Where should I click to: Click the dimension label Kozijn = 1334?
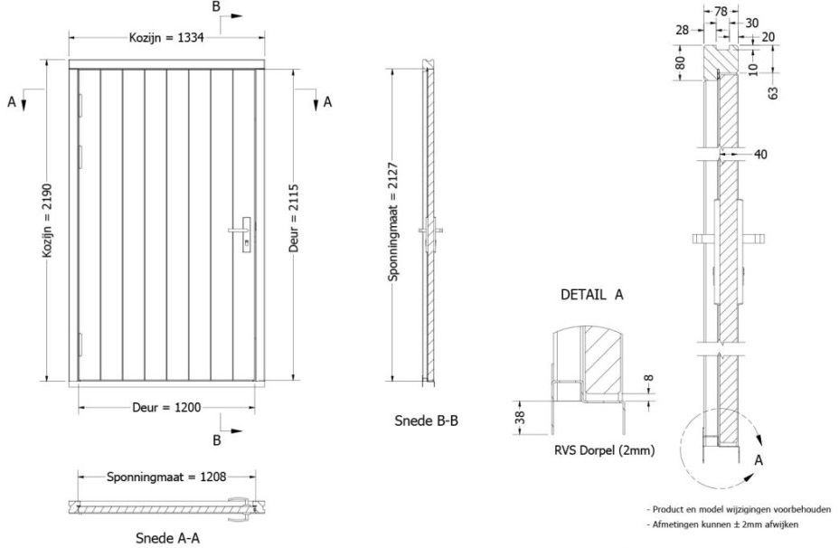tap(166, 37)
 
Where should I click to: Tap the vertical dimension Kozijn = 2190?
tap(48, 221)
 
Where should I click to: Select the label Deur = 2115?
tap(293, 218)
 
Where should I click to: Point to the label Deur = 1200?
tap(166, 408)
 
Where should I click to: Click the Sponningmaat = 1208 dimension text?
tap(166, 477)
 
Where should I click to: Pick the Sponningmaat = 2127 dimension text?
tap(393, 222)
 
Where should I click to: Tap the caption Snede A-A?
tap(167, 538)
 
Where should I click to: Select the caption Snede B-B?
tap(427, 420)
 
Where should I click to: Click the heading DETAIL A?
tap(592, 294)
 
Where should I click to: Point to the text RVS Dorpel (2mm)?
tap(604, 450)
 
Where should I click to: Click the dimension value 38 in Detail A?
tap(520, 418)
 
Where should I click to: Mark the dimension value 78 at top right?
tap(721, 11)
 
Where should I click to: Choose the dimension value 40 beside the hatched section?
tap(760, 155)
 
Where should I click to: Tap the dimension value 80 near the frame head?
tap(680, 63)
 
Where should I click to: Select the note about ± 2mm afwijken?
tap(722, 524)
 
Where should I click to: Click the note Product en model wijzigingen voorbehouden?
tap(739, 509)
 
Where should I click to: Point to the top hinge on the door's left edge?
tap(80, 106)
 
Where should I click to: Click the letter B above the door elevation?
tap(216, 6)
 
